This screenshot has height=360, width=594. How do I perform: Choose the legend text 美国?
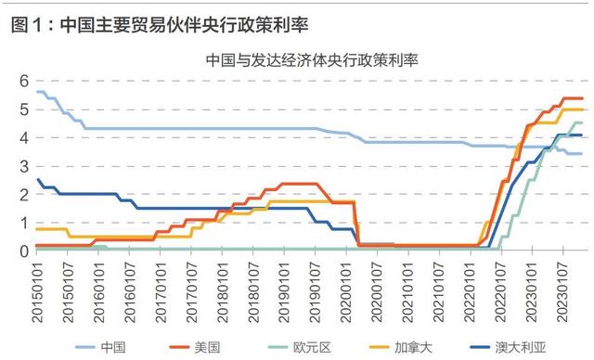pos(207,347)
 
